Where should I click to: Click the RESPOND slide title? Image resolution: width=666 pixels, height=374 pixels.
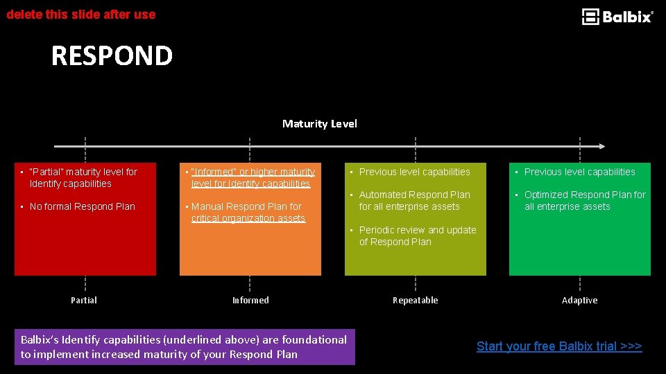(112, 56)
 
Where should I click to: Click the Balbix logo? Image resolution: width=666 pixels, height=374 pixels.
(617, 17)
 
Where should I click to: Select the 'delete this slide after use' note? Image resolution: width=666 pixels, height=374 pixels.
(81, 14)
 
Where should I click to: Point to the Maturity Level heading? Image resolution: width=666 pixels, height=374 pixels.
(320, 124)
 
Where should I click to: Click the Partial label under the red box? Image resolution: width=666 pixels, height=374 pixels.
(84, 300)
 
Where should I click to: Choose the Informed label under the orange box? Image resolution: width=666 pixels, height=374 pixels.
(250, 300)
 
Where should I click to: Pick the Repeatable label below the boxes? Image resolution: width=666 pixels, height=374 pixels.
(415, 300)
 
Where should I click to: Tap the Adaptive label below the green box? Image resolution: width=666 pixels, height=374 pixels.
(579, 300)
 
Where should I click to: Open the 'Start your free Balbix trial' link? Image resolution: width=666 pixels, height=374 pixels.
(559, 346)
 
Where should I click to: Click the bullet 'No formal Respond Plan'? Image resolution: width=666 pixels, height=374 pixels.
(82, 206)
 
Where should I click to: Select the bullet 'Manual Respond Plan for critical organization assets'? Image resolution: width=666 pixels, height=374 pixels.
(247, 212)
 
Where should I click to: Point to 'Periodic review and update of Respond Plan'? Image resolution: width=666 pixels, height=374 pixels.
(417, 235)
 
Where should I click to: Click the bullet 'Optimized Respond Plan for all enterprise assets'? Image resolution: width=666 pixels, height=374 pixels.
(584, 200)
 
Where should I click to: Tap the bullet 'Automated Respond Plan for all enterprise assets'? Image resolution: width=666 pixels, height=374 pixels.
(414, 200)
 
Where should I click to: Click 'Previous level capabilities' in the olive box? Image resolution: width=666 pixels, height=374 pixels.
(414, 172)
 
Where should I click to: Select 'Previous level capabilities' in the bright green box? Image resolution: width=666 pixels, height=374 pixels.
(579, 172)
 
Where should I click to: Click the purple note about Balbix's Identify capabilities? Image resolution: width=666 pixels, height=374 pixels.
(184, 347)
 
